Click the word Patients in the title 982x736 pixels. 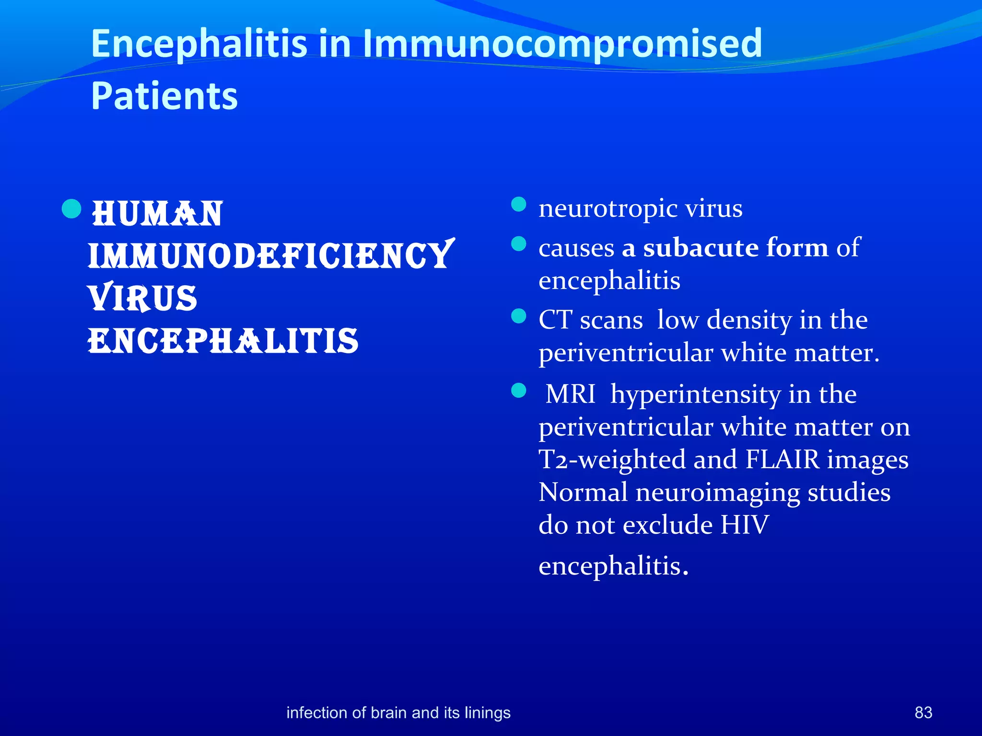164,96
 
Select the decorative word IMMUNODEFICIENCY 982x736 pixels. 270,255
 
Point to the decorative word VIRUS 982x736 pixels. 143,298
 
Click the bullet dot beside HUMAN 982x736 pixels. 71,208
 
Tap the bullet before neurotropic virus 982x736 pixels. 519,205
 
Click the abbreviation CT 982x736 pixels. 555,320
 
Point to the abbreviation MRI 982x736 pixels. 570,394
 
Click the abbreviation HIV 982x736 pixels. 744,525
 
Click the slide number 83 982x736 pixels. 923,713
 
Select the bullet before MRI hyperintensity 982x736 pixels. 519,391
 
